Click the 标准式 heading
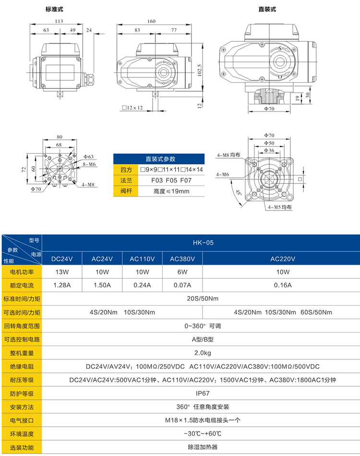coord(54,9)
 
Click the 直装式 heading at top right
coord(267,9)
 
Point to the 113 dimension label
coord(59,21)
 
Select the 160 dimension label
coord(151,21)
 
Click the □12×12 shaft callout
coord(132,108)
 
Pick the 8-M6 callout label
coord(89,164)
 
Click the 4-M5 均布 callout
coord(280,207)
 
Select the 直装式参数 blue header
coord(160,159)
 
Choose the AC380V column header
coord(182,259)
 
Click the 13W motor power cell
coord(62,272)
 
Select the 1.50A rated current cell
coord(102,285)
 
